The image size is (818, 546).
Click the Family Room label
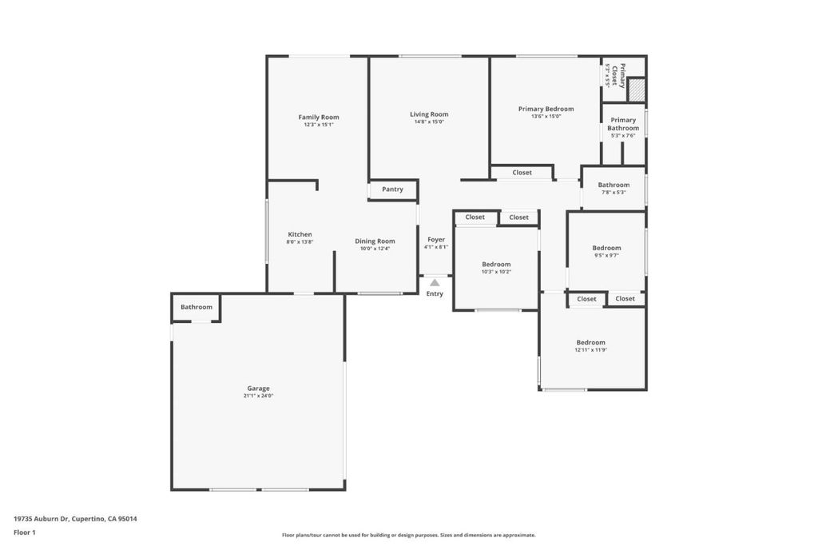(x=319, y=118)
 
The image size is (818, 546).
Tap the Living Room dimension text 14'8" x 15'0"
(x=429, y=122)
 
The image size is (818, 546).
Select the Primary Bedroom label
(x=546, y=109)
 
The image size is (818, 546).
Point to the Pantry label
(x=392, y=189)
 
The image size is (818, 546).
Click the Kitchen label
(x=300, y=234)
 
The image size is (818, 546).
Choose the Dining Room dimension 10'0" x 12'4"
(x=375, y=249)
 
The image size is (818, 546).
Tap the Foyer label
(x=436, y=240)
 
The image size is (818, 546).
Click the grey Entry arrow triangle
(x=435, y=283)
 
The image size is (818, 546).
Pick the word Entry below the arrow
(x=435, y=294)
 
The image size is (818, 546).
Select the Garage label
(x=258, y=389)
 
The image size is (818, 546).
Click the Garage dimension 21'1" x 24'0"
(x=258, y=396)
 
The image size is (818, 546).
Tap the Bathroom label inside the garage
(x=197, y=307)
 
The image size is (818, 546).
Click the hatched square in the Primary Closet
(x=637, y=90)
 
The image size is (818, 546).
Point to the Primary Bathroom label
(x=623, y=124)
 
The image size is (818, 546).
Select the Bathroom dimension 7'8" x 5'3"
(x=613, y=192)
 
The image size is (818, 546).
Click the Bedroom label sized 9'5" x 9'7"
(x=607, y=248)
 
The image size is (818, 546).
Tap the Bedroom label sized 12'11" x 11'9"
(x=590, y=342)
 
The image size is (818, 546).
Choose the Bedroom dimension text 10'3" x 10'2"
(x=496, y=272)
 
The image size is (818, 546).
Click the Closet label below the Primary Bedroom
(x=522, y=172)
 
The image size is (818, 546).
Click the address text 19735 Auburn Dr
(x=42, y=519)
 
